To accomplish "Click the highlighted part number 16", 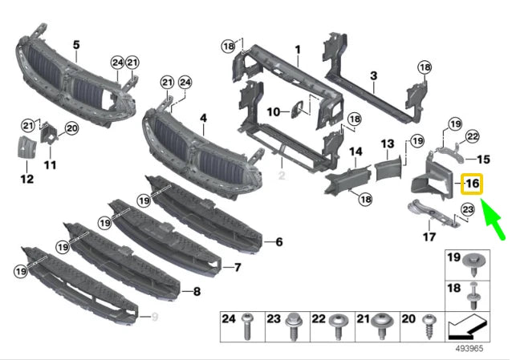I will pyautogui.click(x=471, y=184).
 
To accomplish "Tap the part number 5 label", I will pyautogui.click(x=76, y=45).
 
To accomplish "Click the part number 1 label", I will pyautogui.click(x=296, y=50).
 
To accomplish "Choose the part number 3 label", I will pyautogui.click(x=373, y=76).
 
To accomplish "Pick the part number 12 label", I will pyautogui.click(x=26, y=178).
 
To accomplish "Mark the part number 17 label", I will pyautogui.click(x=429, y=236).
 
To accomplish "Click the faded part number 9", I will pyautogui.click(x=154, y=316).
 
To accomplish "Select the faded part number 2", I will pyautogui.click(x=282, y=173).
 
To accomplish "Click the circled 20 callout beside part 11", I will pyautogui.click(x=71, y=127).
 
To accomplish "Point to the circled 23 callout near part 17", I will pyautogui.click(x=468, y=210).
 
